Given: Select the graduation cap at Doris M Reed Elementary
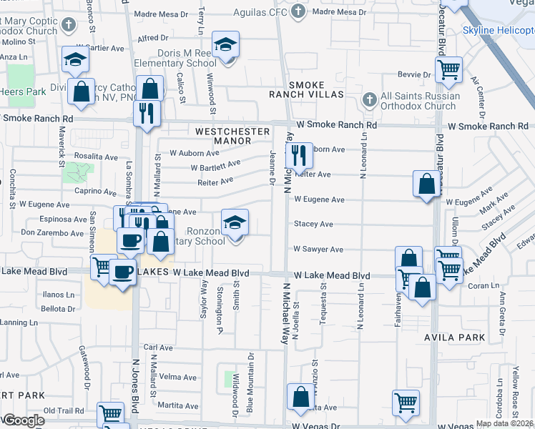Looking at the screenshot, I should click(226, 45).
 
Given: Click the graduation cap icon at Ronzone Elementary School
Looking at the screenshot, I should click(235, 222).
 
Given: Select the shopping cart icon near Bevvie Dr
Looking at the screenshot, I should click(448, 70).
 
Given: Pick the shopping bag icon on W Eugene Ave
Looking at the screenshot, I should click(426, 184).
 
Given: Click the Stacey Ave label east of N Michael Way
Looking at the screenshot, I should click(313, 224).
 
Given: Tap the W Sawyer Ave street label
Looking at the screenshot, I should click(318, 250).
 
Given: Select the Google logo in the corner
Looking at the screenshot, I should click(23, 420).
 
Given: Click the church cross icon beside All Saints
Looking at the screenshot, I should click(370, 99).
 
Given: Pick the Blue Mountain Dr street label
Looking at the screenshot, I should click(250, 383).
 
